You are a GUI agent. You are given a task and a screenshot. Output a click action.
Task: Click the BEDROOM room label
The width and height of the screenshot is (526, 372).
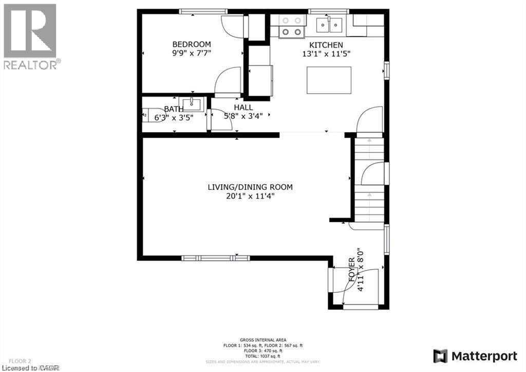pyautogui.click(x=192, y=44)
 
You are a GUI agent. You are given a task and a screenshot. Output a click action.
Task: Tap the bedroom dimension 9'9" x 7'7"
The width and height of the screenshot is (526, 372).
pyautogui.click(x=192, y=53)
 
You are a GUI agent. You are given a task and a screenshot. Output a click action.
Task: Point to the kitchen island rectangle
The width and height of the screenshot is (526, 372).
pyautogui.click(x=329, y=80)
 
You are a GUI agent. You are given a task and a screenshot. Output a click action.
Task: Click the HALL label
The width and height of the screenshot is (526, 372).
pyautogui.click(x=243, y=107)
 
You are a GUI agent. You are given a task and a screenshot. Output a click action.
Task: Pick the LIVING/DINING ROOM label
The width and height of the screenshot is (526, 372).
pyautogui.click(x=250, y=187)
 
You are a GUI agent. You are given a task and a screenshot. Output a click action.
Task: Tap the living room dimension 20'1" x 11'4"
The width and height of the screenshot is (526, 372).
pyautogui.click(x=250, y=196)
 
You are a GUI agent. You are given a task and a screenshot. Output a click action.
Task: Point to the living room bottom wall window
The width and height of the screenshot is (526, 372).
pyautogui.click(x=216, y=258)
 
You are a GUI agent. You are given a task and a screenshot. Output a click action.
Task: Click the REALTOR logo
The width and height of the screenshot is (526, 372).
pyautogui.click(x=30, y=36)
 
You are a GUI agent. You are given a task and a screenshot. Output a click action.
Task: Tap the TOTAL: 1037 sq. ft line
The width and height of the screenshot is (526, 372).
pyautogui.click(x=262, y=356)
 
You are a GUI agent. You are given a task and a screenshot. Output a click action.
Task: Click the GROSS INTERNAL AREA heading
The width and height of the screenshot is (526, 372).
pyautogui.click(x=262, y=340)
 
